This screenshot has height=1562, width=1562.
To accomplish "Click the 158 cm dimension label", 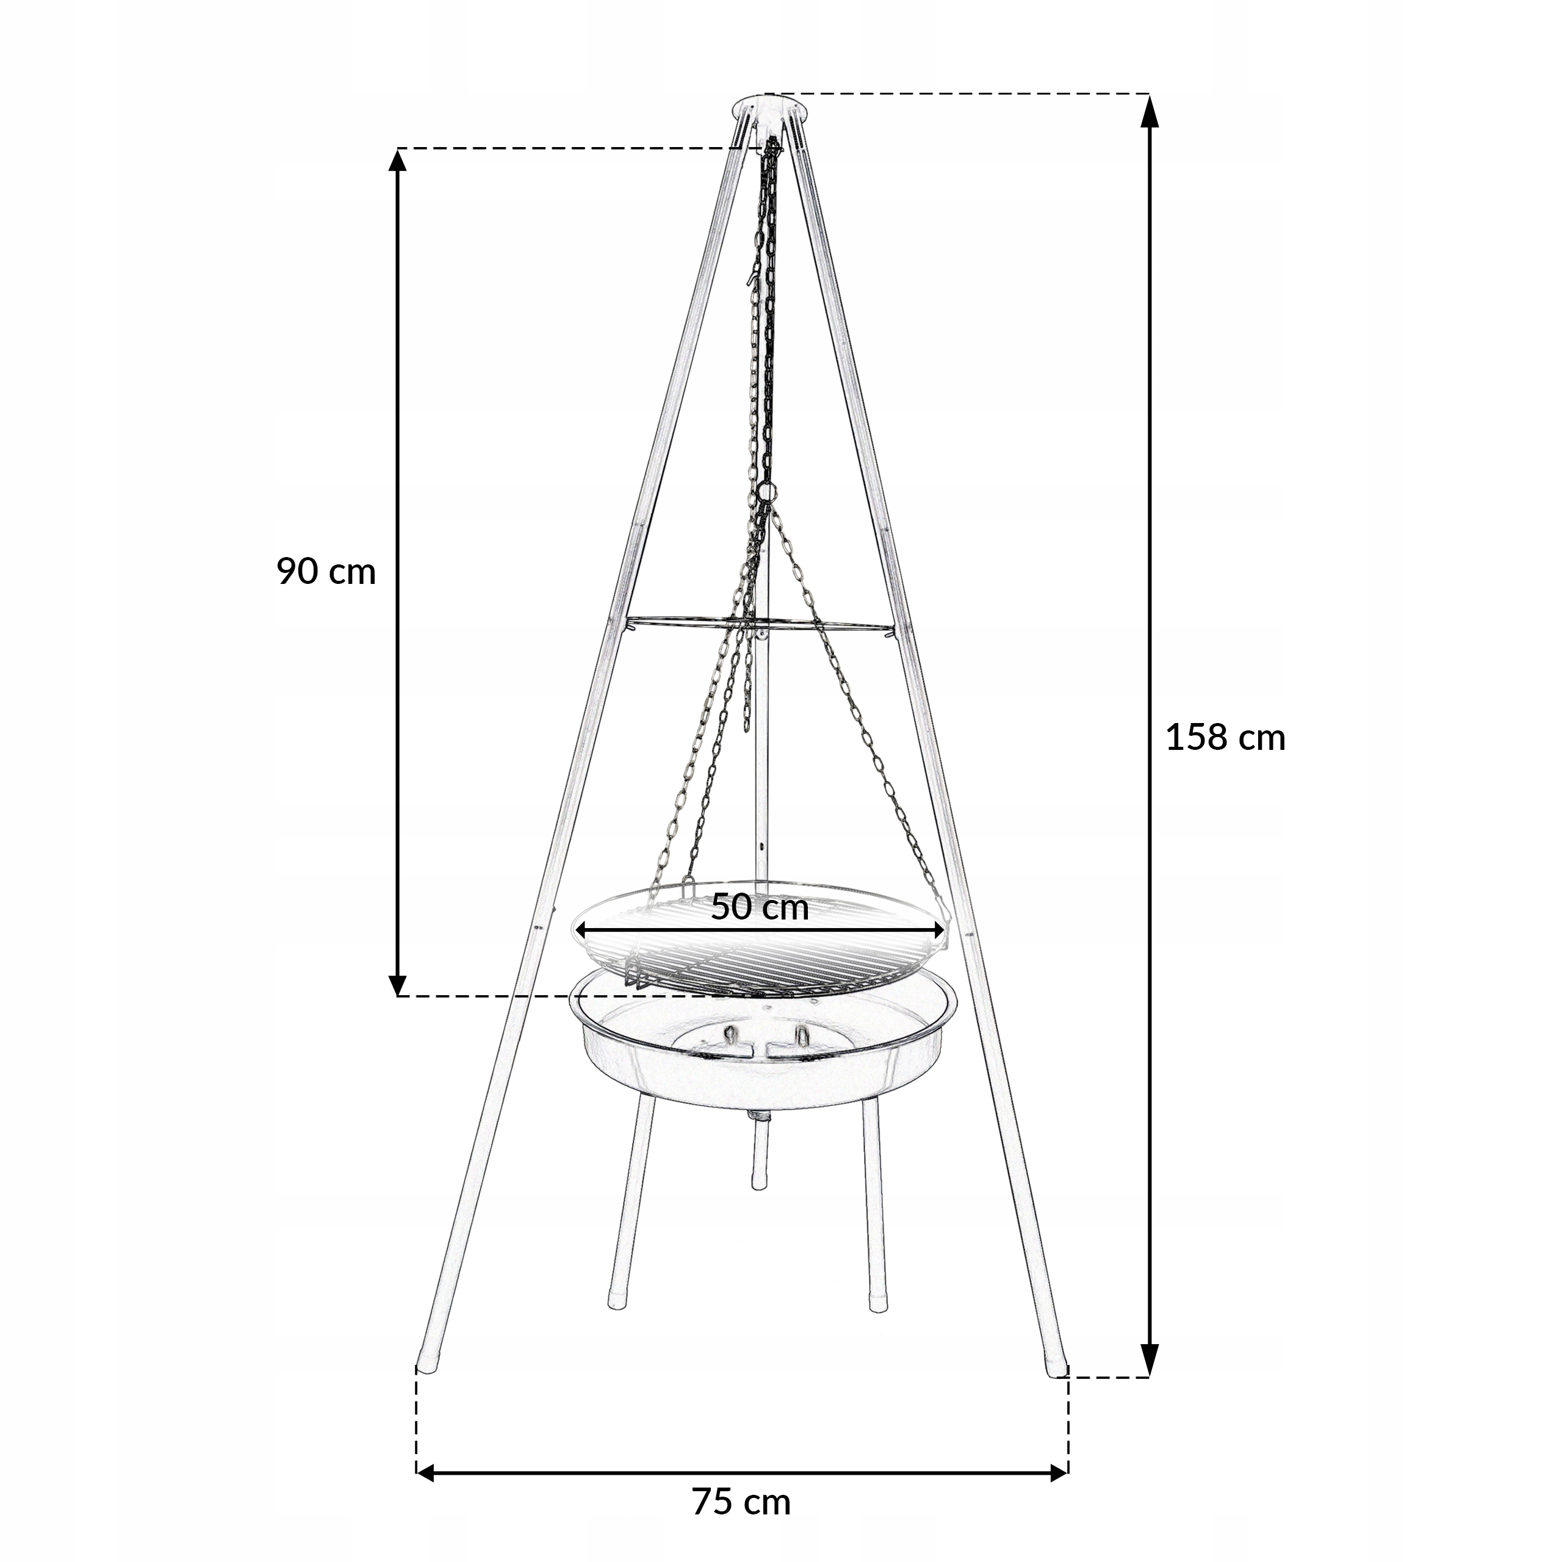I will pos(1225,739).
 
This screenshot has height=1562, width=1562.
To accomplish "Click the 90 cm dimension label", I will pos(326,572).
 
